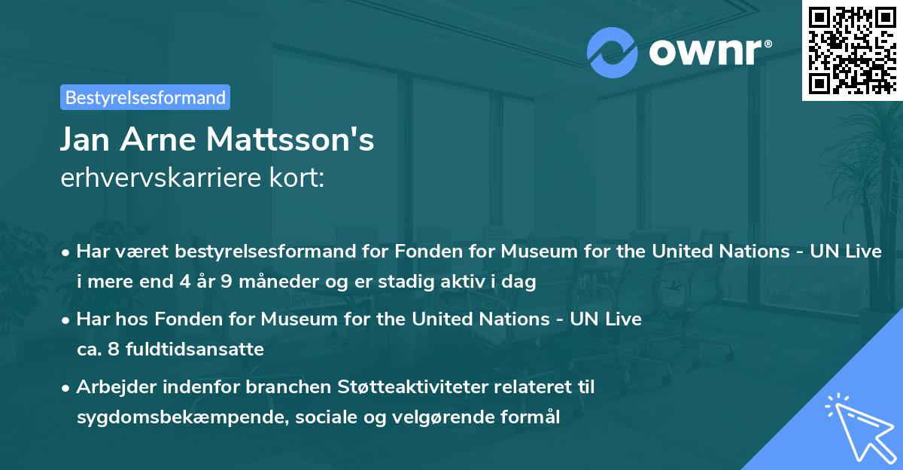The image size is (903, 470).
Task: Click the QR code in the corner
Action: pos(852,50)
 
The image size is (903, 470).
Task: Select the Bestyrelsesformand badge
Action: pos(145,97)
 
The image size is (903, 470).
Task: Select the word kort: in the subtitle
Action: pos(299,179)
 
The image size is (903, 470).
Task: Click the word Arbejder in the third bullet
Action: pos(114,387)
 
